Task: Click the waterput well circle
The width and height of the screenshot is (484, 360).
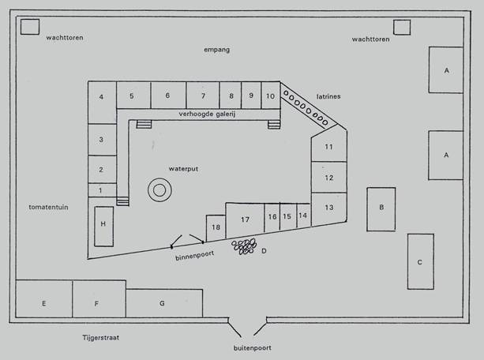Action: point(159,179)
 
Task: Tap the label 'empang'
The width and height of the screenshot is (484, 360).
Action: point(216,50)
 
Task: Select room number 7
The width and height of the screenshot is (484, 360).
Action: point(203,95)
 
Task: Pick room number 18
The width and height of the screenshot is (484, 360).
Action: point(216,228)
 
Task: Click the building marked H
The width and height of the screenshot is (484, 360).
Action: point(103,227)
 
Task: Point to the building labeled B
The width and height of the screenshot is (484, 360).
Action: point(381,209)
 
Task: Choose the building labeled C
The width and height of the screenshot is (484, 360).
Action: point(420,261)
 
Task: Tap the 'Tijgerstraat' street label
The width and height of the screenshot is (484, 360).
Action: point(100,337)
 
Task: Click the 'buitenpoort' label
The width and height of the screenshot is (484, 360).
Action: point(252,348)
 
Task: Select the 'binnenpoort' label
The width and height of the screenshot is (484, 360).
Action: point(194,256)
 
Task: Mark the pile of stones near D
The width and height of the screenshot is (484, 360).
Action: point(244,246)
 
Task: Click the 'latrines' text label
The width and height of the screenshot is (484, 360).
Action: point(328,96)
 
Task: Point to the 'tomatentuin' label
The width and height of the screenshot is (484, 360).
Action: point(48,207)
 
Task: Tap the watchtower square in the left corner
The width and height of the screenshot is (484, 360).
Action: point(30,27)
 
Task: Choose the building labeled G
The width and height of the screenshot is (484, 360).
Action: point(164,303)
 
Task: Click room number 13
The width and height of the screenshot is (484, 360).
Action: point(328,208)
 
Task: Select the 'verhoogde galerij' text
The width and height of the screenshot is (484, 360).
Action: point(207,114)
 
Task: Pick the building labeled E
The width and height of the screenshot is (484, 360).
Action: point(44,299)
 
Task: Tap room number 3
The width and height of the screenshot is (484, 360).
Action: point(102,139)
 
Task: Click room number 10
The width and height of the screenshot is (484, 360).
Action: point(271,96)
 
